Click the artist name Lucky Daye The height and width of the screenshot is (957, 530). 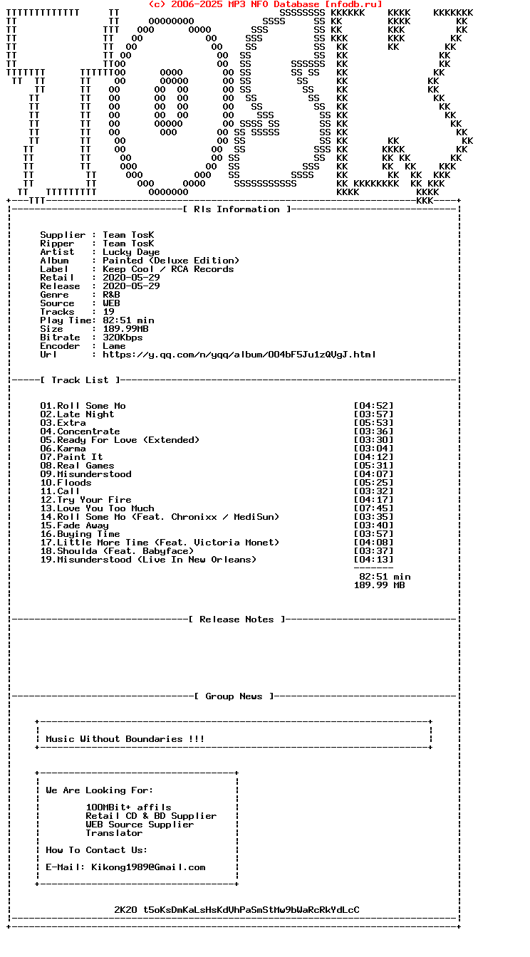pyautogui.click(x=131, y=252)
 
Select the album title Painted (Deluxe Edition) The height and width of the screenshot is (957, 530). pyautogui.click(x=171, y=261)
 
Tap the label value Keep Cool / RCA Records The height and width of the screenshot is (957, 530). pyautogui.click(x=168, y=269)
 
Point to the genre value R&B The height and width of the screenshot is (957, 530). pyautogui.click(x=111, y=295)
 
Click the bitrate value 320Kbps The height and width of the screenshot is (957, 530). pyautogui.click(x=123, y=338)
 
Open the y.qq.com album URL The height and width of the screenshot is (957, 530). pyautogui.click(x=239, y=355)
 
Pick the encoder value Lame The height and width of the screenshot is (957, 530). pyautogui.click(x=114, y=346)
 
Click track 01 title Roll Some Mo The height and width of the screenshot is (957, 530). pyautogui.click(x=91, y=406)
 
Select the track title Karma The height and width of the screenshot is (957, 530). pyautogui.click(x=71, y=449)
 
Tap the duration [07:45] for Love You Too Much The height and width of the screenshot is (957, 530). pyautogui.click(x=373, y=508)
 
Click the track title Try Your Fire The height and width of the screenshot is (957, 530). pyautogui.click(x=94, y=500)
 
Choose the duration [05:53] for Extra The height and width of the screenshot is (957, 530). pyautogui.click(x=373, y=423)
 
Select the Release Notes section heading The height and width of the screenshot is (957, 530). pyautogui.click(x=237, y=619)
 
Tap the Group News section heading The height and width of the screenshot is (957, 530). pyautogui.click(x=234, y=696)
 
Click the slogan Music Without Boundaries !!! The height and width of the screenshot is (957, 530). pyautogui.click(x=125, y=739)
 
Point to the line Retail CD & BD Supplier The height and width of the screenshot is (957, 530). pyautogui.click(x=151, y=816)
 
